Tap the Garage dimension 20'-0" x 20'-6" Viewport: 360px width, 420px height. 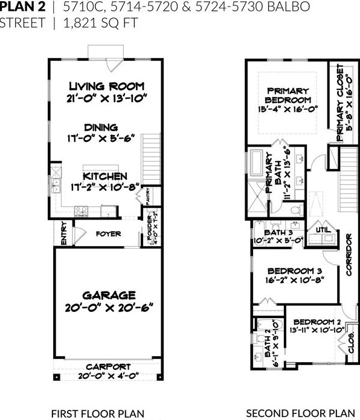(x=109, y=307)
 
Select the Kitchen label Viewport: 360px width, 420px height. (x=105, y=176)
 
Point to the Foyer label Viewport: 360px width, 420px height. (x=108, y=234)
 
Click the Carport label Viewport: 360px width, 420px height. (x=108, y=366)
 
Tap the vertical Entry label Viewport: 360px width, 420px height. (x=63, y=235)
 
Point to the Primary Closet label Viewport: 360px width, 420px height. (x=340, y=100)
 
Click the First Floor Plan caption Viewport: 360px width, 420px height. (x=97, y=413)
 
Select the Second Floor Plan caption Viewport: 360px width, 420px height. (x=300, y=413)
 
